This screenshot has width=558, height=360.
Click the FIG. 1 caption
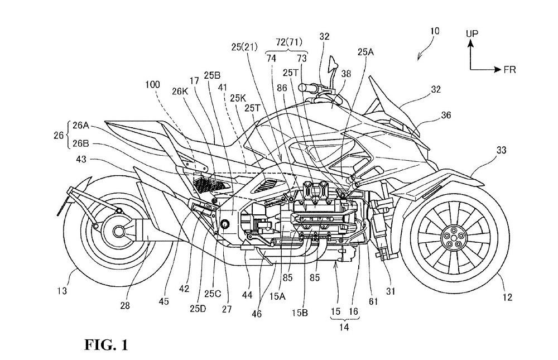point(106,345)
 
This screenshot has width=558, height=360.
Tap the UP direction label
point(472,34)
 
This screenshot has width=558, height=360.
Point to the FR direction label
point(509,70)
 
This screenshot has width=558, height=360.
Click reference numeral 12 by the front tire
point(507,297)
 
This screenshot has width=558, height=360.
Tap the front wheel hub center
point(450,238)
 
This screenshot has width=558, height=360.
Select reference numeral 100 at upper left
point(152,85)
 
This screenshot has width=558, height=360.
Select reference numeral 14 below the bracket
point(344,328)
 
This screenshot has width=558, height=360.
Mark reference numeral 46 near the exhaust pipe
point(256,314)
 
